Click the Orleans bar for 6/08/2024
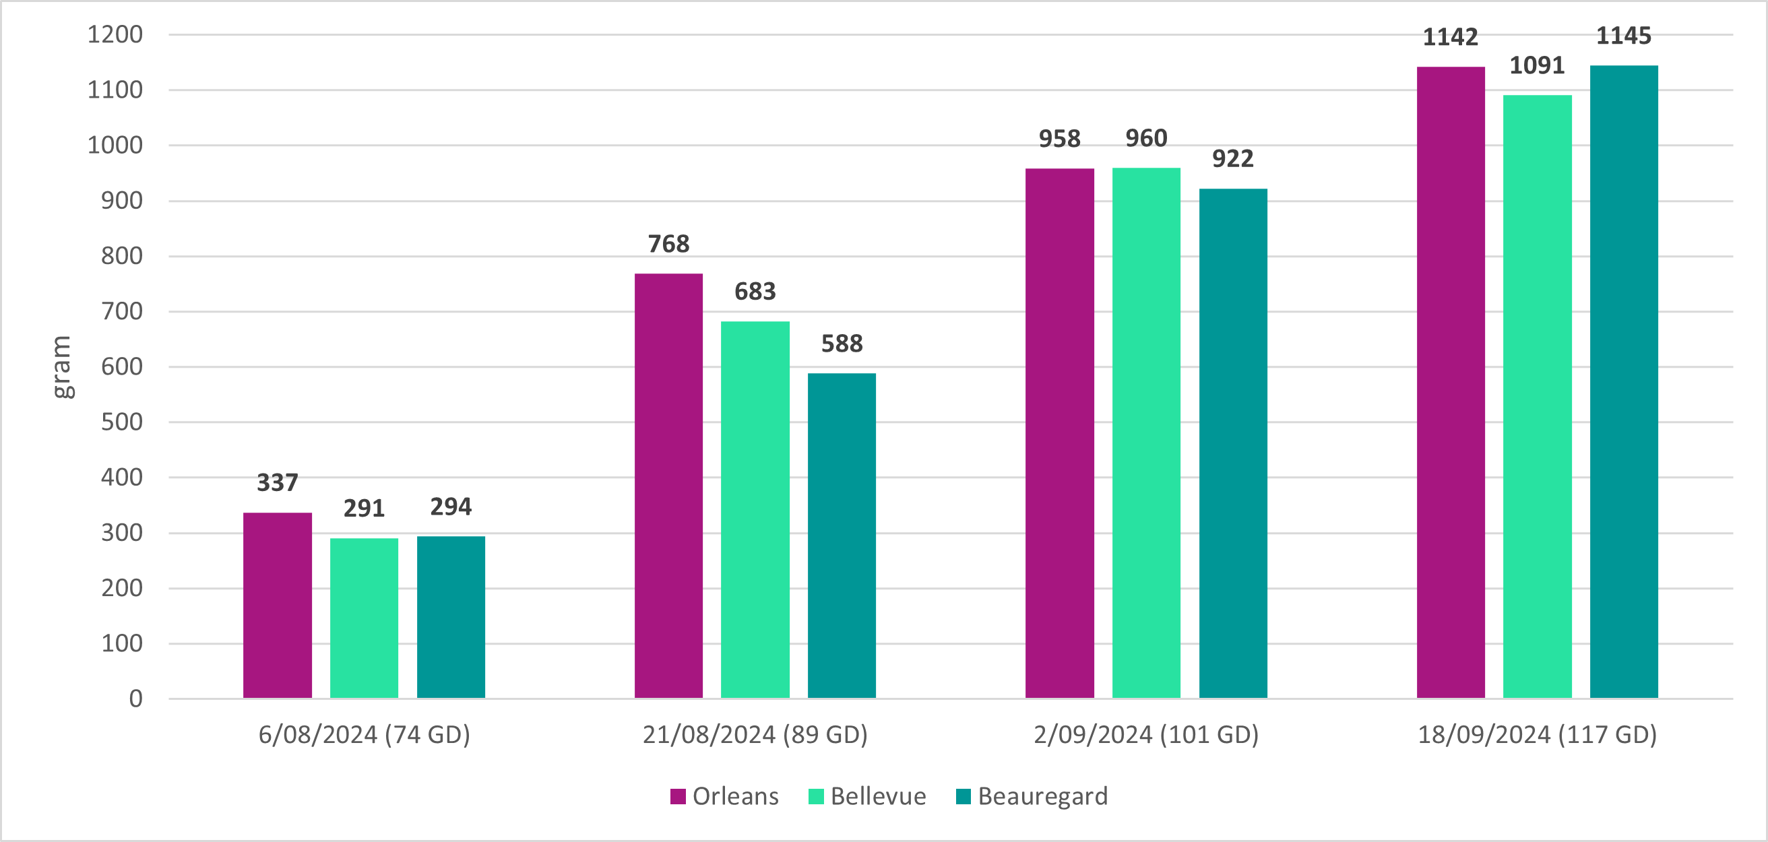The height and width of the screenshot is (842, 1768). pyautogui.click(x=278, y=606)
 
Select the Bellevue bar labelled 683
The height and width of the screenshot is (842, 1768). pyautogui.click(x=755, y=509)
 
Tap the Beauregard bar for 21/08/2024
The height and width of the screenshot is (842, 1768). pyautogui.click(x=842, y=536)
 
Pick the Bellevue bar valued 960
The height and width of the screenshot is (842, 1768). pyautogui.click(x=1146, y=432)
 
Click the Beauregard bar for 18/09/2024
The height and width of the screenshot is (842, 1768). pyautogui.click(x=1624, y=381)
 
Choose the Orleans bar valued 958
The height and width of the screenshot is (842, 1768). pyautogui.click(x=1060, y=432)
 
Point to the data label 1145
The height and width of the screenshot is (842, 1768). pyautogui.click(x=1624, y=36)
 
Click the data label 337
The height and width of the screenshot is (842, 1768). pyautogui.click(x=278, y=483)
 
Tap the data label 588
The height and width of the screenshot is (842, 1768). pyautogui.click(x=842, y=344)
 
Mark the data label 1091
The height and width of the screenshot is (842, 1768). pyautogui.click(x=1538, y=66)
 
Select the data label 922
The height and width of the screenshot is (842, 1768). pyautogui.click(x=1232, y=159)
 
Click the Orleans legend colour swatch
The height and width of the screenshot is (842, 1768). pyautogui.click(x=678, y=796)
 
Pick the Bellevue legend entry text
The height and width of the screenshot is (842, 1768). pyautogui.click(x=878, y=796)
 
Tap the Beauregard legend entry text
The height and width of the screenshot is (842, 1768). pyautogui.click(x=1042, y=796)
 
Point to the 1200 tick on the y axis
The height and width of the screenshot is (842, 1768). pyautogui.click(x=115, y=34)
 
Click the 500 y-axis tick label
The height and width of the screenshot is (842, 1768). pyautogui.click(x=122, y=422)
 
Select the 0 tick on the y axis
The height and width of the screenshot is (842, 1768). pyautogui.click(x=136, y=699)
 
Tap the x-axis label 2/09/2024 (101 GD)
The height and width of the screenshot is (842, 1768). pyautogui.click(x=1146, y=735)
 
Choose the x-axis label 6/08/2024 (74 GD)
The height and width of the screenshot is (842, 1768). pyautogui.click(x=364, y=735)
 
